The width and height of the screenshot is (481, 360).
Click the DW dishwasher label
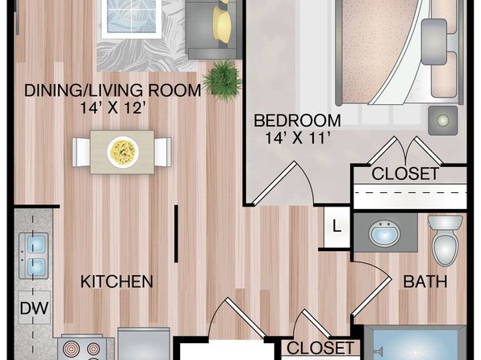tap(34, 308)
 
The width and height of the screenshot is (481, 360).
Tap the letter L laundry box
tap(337, 227)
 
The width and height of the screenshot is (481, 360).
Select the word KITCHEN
tap(116, 282)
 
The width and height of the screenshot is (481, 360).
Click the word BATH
tap(425, 282)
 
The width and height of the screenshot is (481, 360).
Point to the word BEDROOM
tap(297, 120)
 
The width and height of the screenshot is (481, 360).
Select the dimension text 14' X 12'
tap(111, 107)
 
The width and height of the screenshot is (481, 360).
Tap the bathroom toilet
tap(445, 240)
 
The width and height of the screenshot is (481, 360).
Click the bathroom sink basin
tap(385, 232)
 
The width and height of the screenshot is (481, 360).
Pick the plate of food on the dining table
tap(123, 152)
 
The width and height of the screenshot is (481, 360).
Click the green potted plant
tap(223, 79)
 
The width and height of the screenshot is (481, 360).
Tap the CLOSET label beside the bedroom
tap(405, 174)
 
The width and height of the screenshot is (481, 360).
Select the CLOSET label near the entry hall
tap(320, 348)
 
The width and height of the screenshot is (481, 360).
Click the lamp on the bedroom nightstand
tap(442, 120)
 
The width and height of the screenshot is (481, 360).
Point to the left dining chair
tap(81, 153)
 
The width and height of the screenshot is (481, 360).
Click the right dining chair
tap(163, 153)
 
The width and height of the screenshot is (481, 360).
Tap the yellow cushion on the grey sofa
tap(222, 24)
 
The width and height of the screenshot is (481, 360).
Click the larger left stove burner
tap(72, 350)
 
